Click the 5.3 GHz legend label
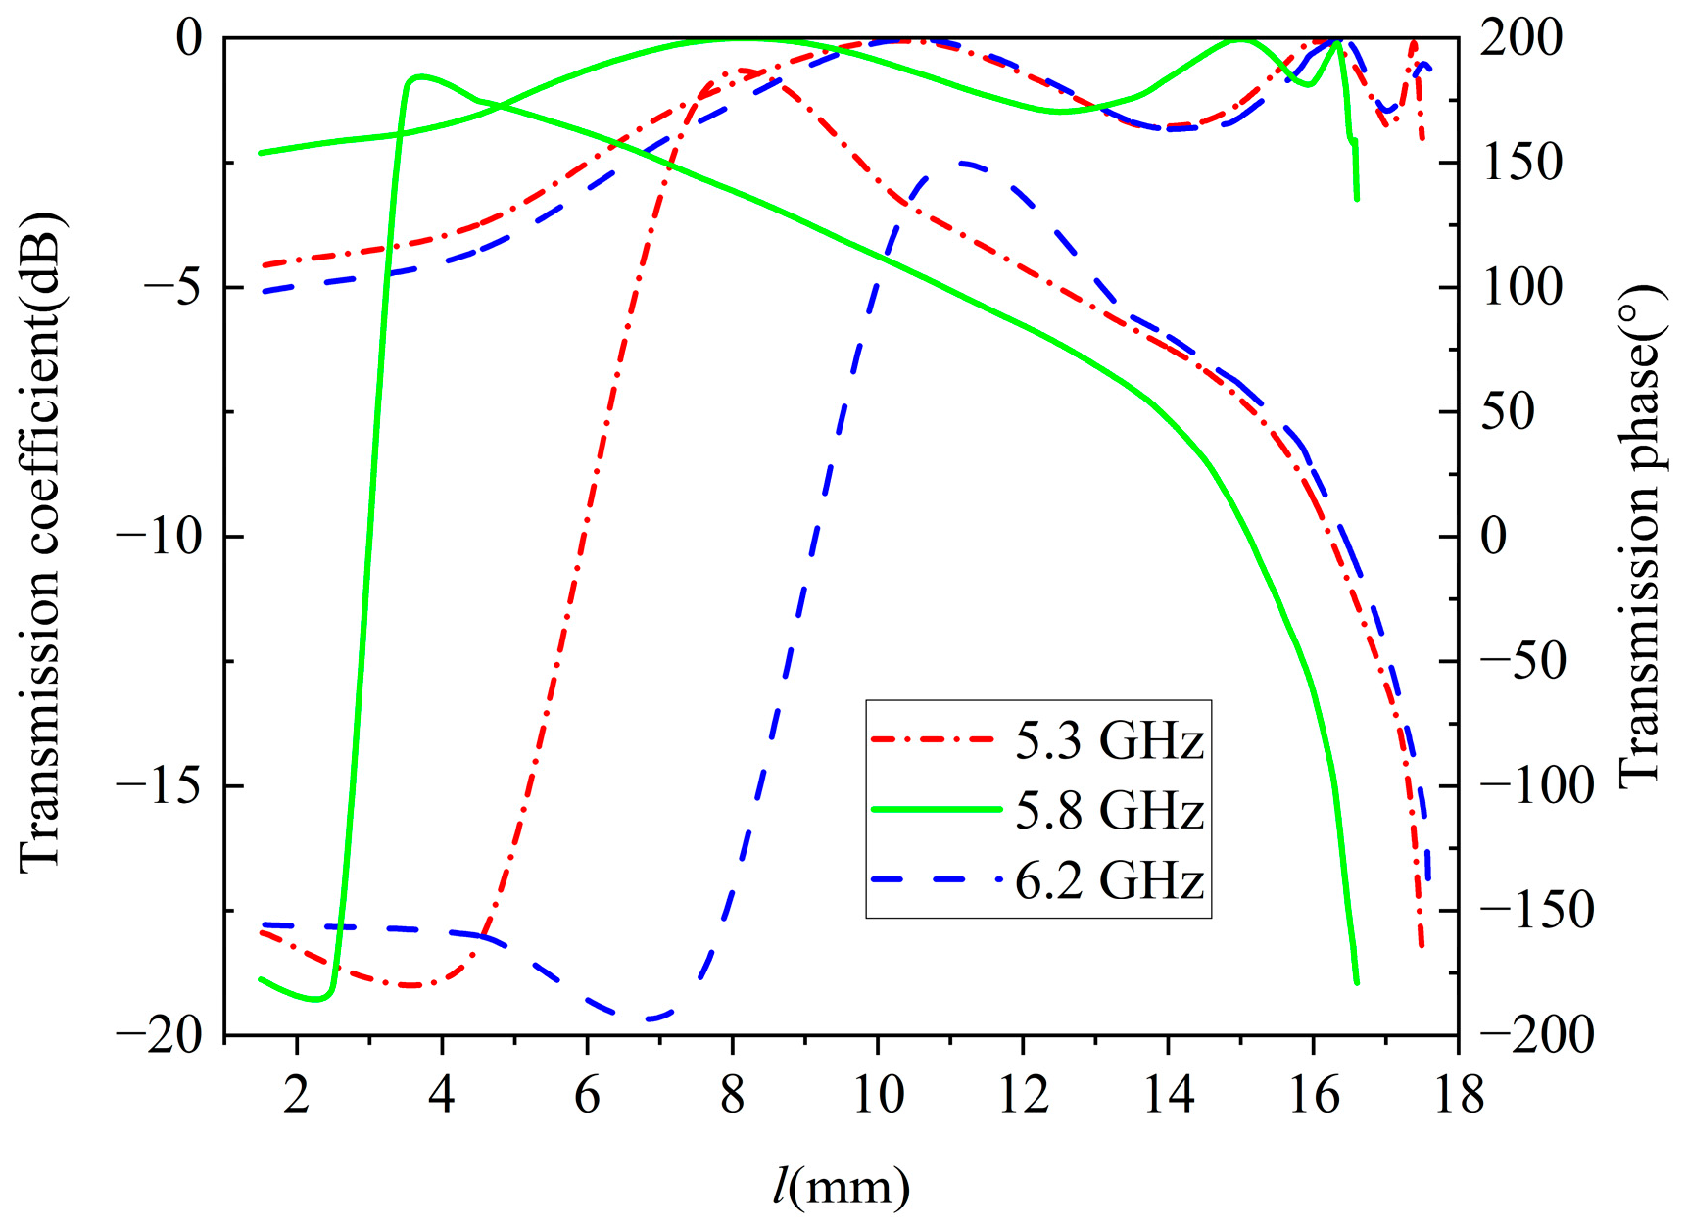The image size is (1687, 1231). pos(1108,741)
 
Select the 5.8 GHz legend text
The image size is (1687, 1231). pos(1108,812)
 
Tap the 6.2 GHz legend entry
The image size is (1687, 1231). pos(1108,882)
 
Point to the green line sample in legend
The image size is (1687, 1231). pos(936,810)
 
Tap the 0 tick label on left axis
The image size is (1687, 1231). pos(188,39)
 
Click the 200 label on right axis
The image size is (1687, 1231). pos(1520,39)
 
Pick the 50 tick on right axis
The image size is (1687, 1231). pos(1508,412)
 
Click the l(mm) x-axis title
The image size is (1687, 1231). pos(841,1187)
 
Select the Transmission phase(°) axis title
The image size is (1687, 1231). pos(1640,537)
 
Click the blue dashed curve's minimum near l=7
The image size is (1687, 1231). pos(647,1019)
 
